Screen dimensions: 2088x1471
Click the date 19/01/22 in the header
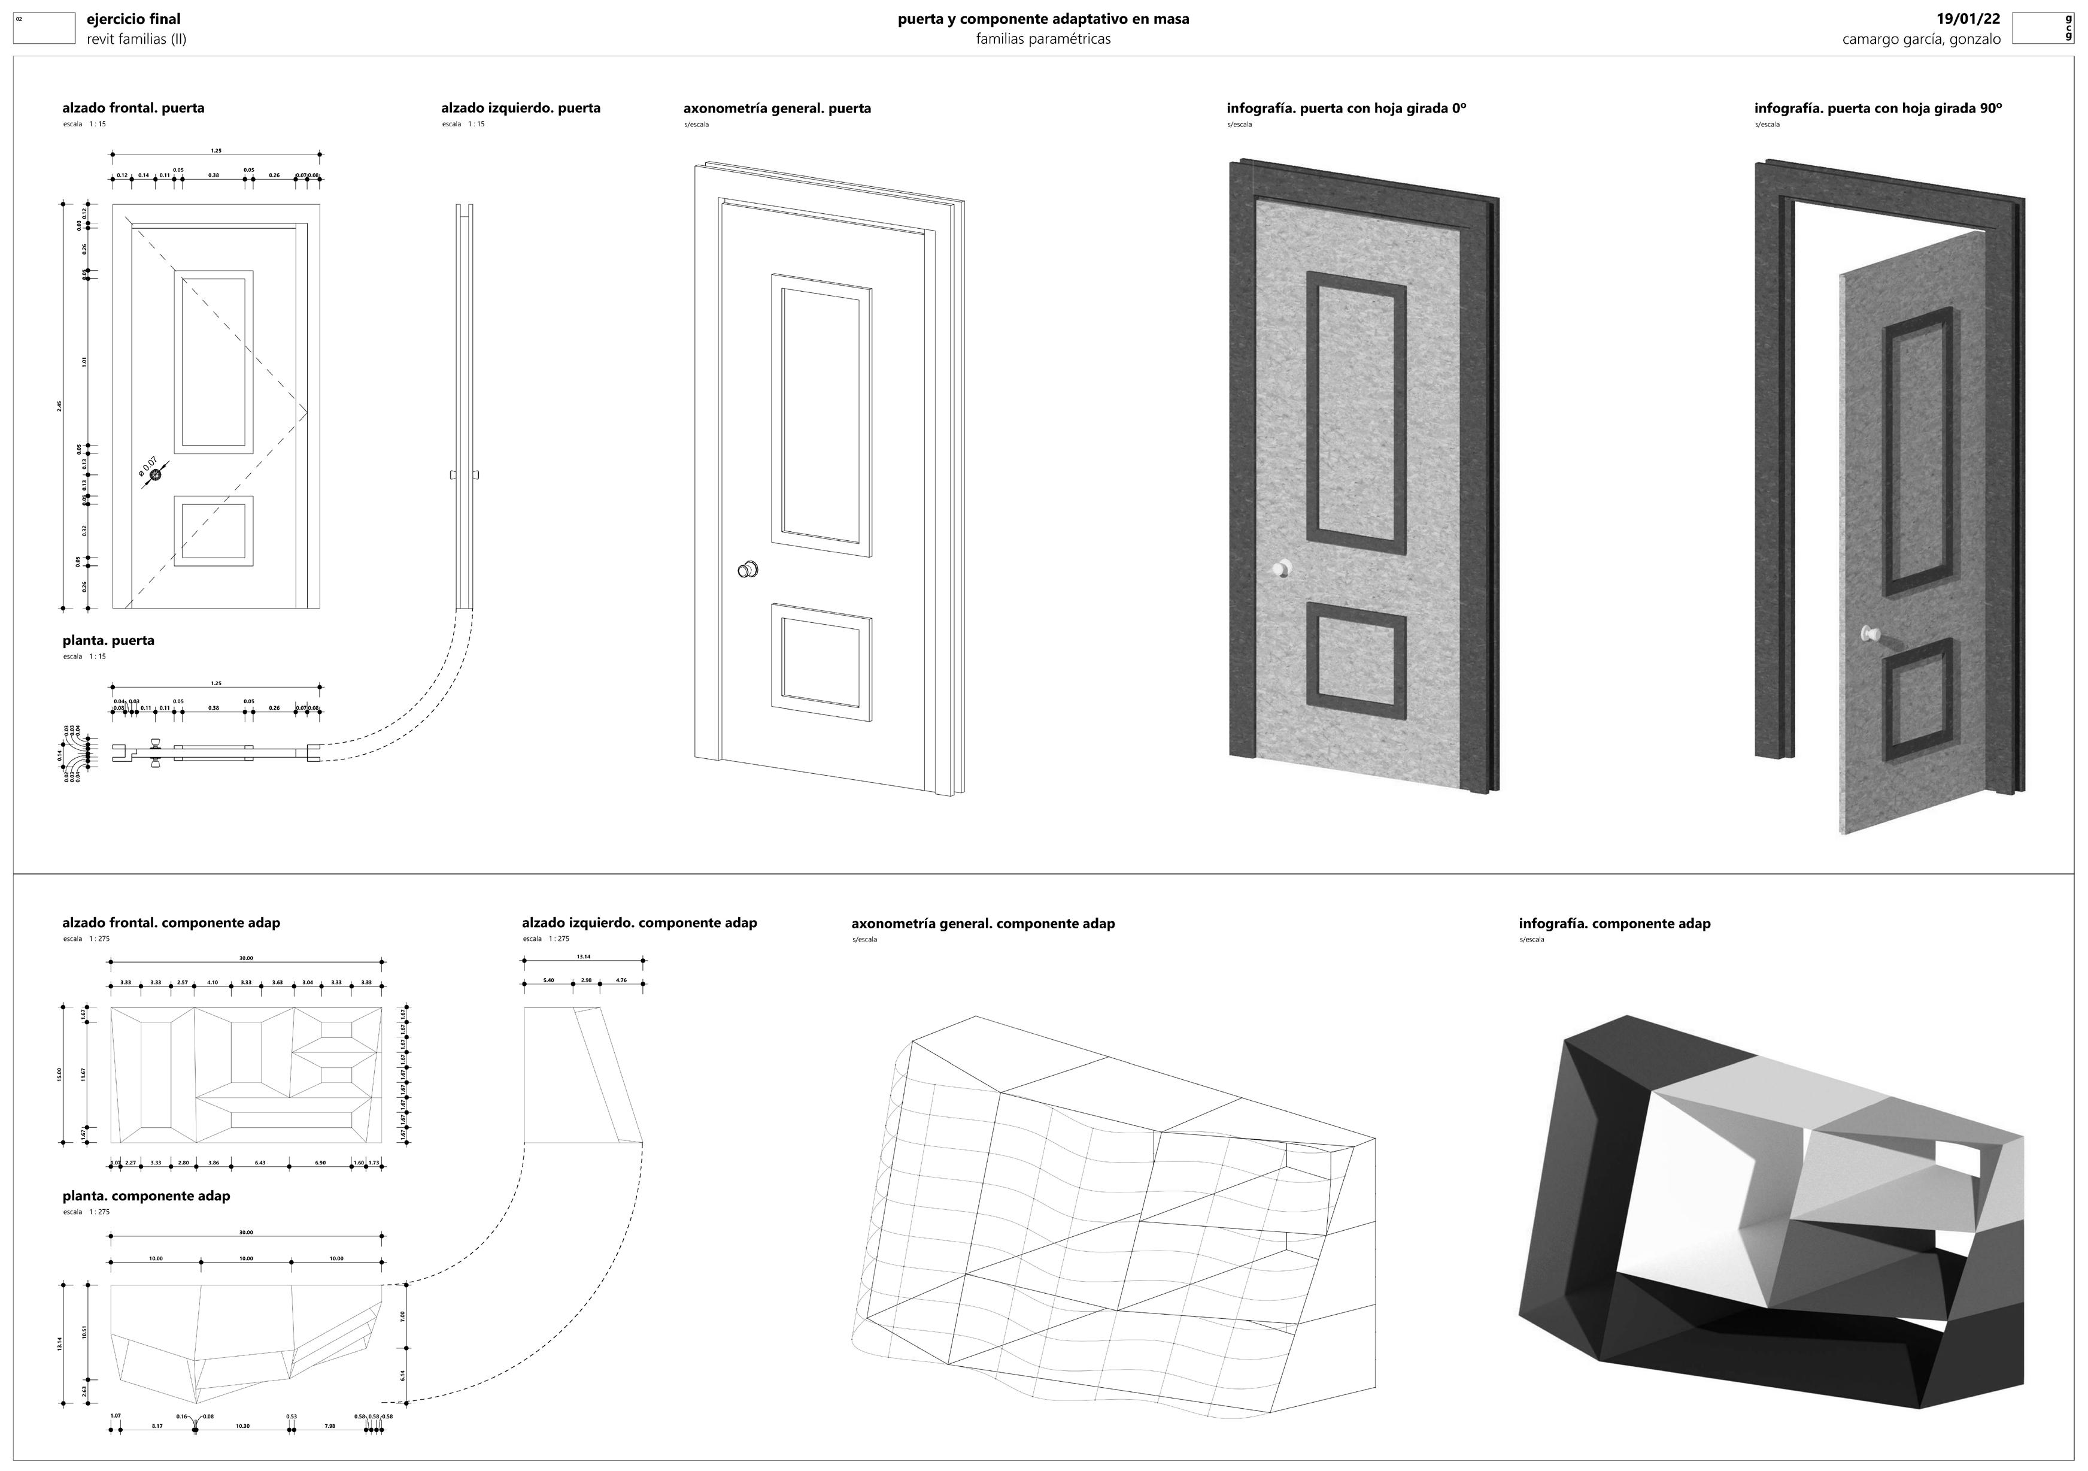click(1968, 18)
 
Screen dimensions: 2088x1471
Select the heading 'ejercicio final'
click(133, 18)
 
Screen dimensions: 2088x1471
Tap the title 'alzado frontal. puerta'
click(133, 107)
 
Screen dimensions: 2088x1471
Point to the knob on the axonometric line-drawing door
click(748, 570)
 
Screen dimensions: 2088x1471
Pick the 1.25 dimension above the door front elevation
click(216, 151)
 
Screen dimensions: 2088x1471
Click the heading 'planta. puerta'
click(108, 640)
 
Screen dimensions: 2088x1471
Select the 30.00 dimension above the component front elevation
click(245, 958)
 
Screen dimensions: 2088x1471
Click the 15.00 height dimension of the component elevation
click(60, 1075)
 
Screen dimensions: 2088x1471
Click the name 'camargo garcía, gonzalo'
click(1920, 39)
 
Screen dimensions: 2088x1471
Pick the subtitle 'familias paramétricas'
click(1043, 39)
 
